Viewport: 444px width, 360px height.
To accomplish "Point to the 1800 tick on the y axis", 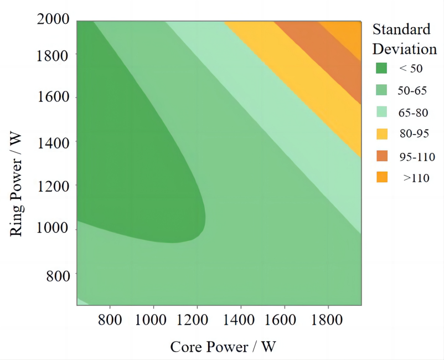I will click(53, 55).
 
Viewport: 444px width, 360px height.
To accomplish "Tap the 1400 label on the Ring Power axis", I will click(53, 142).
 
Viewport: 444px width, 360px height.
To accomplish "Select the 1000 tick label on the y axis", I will click(53, 228).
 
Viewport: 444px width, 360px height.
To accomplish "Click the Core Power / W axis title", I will click(223, 347).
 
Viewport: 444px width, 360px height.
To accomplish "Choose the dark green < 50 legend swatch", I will click(381, 68).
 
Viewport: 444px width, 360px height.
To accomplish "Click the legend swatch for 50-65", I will click(381, 90).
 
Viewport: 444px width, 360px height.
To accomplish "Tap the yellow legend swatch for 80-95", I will click(381, 134).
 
